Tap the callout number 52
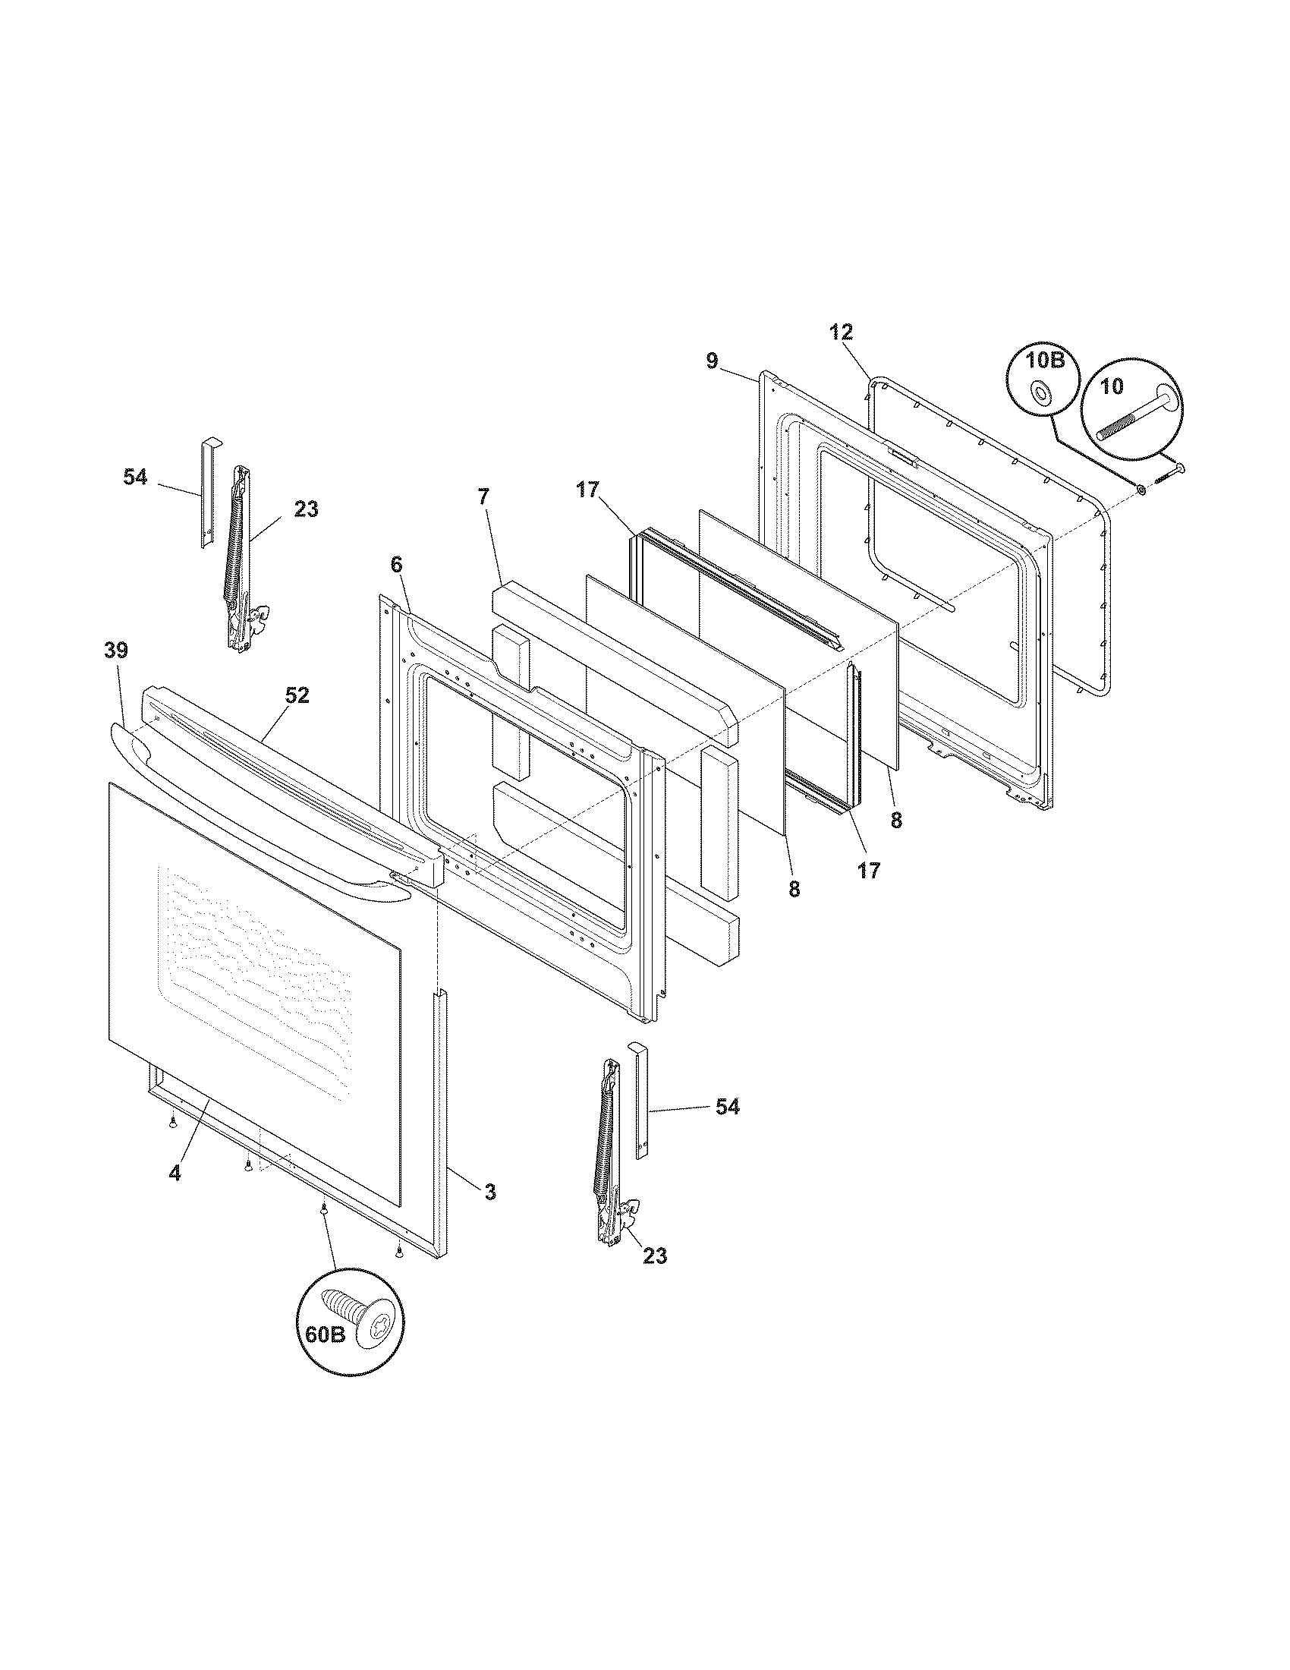(x=297, y=695)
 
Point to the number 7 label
(x=482, y=496)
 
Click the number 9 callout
(x=712, y=360)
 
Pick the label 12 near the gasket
(x=841, y=332)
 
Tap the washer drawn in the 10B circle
(x=1040, y=394)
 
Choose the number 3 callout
(x=490, y=1191)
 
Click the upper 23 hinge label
(x=306, y=509)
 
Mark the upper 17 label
(x=587, y=490)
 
